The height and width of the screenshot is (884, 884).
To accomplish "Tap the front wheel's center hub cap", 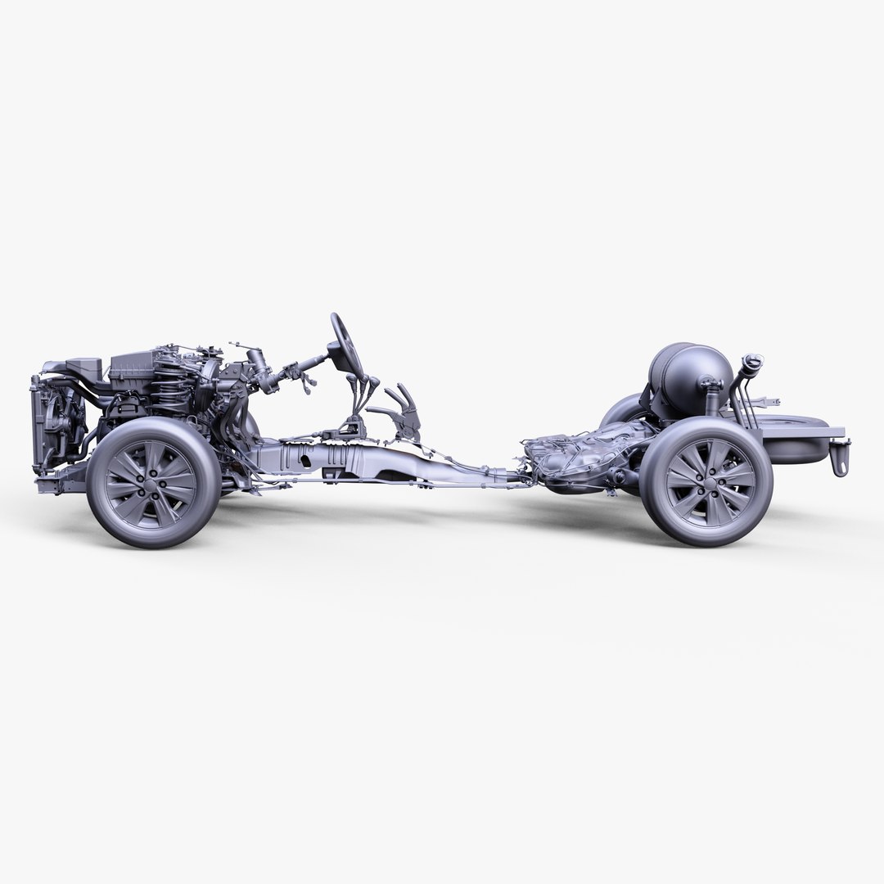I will pyautogui.click(x=152, y=482).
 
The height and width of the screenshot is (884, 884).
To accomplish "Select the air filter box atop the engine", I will pyautogui.click(x=139, y=372).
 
